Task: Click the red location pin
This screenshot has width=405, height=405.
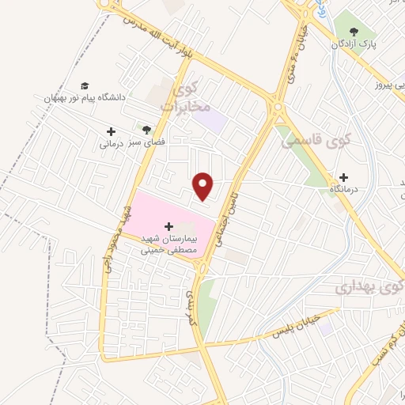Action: [204, 186]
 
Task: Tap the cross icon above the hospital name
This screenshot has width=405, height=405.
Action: [168, 225]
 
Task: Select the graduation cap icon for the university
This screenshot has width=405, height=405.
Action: [85, 85]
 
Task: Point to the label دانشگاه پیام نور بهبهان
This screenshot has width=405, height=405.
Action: [83, 97]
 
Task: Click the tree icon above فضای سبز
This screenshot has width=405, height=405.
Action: [146, 127]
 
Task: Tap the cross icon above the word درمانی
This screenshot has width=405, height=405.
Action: [110, 131]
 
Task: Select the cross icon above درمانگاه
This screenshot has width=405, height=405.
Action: [343, 177]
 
